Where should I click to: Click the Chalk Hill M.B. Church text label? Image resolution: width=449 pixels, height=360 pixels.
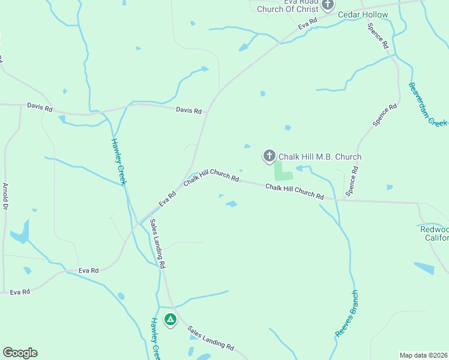[320, 157]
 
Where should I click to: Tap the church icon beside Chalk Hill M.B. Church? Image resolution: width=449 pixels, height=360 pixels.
[270, 157]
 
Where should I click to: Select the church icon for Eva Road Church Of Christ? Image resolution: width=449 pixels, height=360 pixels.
[328, 5]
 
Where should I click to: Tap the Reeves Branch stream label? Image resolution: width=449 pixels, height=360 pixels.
[346, 314]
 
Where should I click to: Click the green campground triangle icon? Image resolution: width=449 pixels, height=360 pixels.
[170, 319]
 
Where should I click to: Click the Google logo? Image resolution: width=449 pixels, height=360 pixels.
[20, 353]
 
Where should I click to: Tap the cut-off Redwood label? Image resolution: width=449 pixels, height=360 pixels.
[434, 229]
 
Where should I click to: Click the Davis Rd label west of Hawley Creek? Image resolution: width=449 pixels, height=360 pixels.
[40, 106]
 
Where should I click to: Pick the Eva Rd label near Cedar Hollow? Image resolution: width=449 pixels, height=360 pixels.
[307, 23]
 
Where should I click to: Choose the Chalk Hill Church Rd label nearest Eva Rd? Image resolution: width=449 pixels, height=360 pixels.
[211, 176]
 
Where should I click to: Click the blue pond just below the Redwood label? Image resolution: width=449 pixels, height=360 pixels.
[424, 268]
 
